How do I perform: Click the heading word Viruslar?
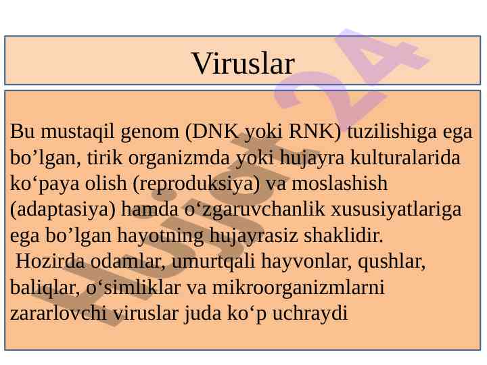point(243,64)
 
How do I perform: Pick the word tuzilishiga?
point(392,132)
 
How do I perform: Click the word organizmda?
point(179,158)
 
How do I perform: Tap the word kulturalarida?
point(405,157)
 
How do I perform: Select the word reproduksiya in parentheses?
point(196,184)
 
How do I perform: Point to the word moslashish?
point(340,183)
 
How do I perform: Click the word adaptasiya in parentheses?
point(63,210)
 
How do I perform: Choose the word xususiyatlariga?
point(396,210)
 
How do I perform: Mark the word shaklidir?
point(344,235)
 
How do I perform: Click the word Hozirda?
point(50,261)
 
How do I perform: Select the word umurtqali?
point(213,262)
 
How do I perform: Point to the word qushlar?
point(392,262)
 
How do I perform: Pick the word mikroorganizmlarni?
point(298,288)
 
